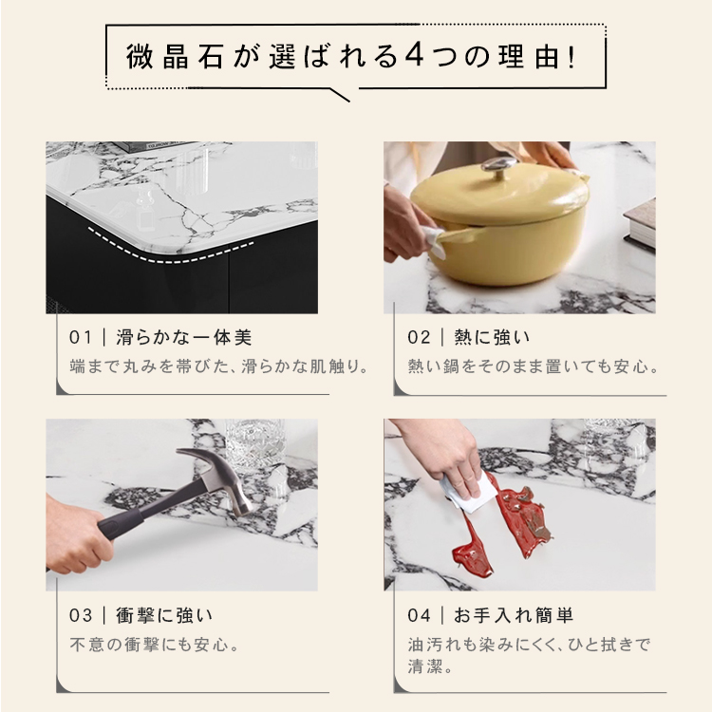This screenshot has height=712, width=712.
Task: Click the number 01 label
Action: pyautogui.click(x=80, y=337)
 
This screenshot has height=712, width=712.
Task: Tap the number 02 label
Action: pyautogui.click(x=419, y=337)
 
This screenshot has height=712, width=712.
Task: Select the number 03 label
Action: pyautogui.click(x=81, y=616)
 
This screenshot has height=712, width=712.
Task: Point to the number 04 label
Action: pyautogui.click(x=419, y=616)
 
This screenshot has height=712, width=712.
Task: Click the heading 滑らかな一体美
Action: pyautogui.click(x=183, y=337)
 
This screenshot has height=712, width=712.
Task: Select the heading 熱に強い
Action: pyautogui.click(x=492, y=337)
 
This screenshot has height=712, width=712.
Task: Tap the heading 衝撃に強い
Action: pyautogui.click(x=164, y=616)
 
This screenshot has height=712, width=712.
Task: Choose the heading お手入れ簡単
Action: pyautogui.click(x=514, y=616)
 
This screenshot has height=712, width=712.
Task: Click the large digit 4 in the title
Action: pyautogui.click(x=414, y=56)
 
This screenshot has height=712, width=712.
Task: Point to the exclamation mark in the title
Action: pyautogui.click(x=571, y=56)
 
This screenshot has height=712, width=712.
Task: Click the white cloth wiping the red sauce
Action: pyautogui.click(x=467, y=493)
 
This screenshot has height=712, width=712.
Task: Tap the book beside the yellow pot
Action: pyautogui.click(x=640, y=224)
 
